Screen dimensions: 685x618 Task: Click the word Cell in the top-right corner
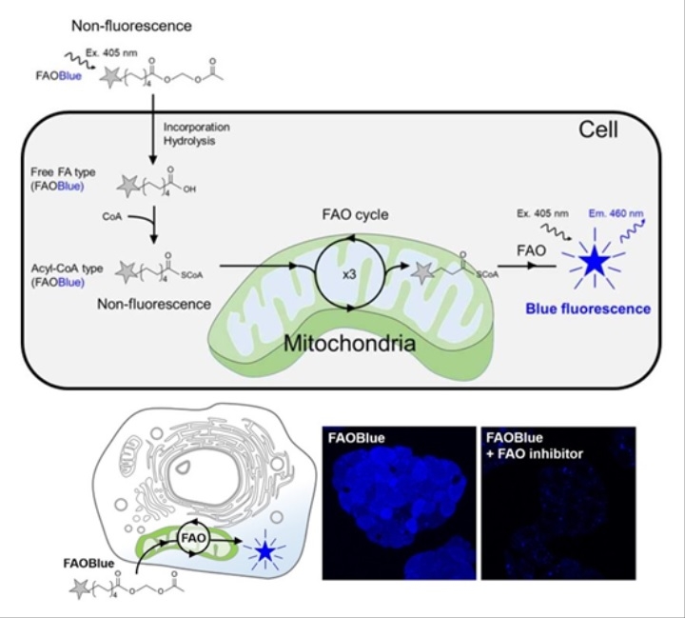pos(598,130)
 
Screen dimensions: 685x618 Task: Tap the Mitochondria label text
pos(349,344)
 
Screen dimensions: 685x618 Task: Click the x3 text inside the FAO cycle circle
pos(349,274)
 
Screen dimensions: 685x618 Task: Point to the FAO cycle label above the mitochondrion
pos(355,214)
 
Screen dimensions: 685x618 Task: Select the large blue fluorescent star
pos(594,260)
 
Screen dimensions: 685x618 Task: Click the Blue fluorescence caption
pos(588,309)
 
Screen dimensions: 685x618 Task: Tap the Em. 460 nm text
pos(616,213)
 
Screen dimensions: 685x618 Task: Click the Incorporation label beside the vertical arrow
pos(197,128)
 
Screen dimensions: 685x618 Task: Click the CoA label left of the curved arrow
pos(112,216)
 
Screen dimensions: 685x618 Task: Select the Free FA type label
pos(63,172)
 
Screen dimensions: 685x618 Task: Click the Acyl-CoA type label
pos(67,269)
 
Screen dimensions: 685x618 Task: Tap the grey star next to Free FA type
pos(128,186)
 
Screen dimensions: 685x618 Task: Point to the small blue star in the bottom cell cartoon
pos(264,552)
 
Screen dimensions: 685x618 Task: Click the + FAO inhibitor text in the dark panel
pos(535,454)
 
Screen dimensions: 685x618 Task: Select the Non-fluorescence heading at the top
pos(131,26)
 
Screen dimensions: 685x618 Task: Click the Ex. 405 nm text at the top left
pos(111,53)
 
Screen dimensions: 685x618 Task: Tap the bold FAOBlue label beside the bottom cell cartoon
pos(88,563)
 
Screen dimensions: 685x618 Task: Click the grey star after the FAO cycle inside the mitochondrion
pos(422,273)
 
